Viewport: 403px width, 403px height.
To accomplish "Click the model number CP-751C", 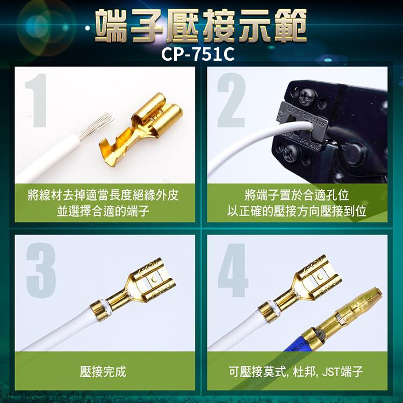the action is pos(198,54).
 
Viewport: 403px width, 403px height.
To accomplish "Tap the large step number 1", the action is pos(37,100).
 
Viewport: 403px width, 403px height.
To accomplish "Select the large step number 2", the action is pos(231,100).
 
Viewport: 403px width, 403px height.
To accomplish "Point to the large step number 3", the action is pos(41,270).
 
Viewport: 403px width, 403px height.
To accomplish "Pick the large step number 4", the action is pos(233,270).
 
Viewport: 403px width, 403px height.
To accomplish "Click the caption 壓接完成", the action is pos(103,371).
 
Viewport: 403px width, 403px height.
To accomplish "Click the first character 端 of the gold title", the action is pos(111,25).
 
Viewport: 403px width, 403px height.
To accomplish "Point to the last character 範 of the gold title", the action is pos(290,25).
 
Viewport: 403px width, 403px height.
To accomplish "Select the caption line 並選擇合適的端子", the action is pos(103,211).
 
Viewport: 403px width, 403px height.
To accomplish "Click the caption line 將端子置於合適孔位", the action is pos(297,196).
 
